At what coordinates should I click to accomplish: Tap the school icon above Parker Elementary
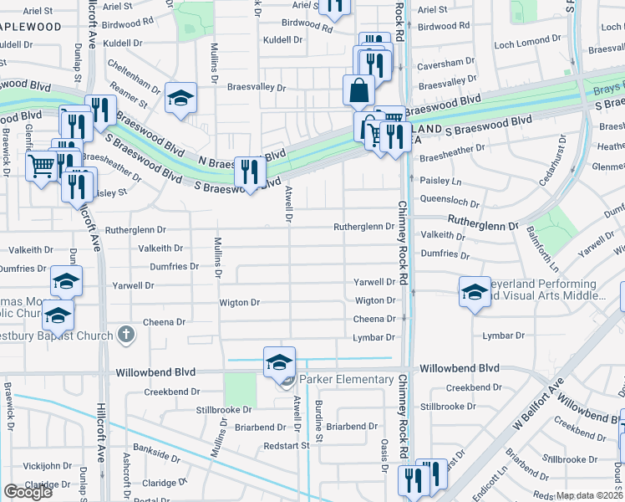coord(280,361)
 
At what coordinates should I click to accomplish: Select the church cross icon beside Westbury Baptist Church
coord(126,336)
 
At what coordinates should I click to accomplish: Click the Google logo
coord(28,492)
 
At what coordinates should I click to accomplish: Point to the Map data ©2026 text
coord(589,495)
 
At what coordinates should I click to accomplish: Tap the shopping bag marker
coord(358,90)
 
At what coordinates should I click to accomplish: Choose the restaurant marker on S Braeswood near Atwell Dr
coord(250,172)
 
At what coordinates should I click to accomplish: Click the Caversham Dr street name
coord(450,64)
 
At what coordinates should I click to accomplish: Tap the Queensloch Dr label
coord(450,201)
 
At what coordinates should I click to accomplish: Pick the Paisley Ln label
coord(440,181)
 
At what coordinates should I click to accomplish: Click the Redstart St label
coord(287,445)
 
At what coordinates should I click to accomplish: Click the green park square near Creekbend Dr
coord(241,387)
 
